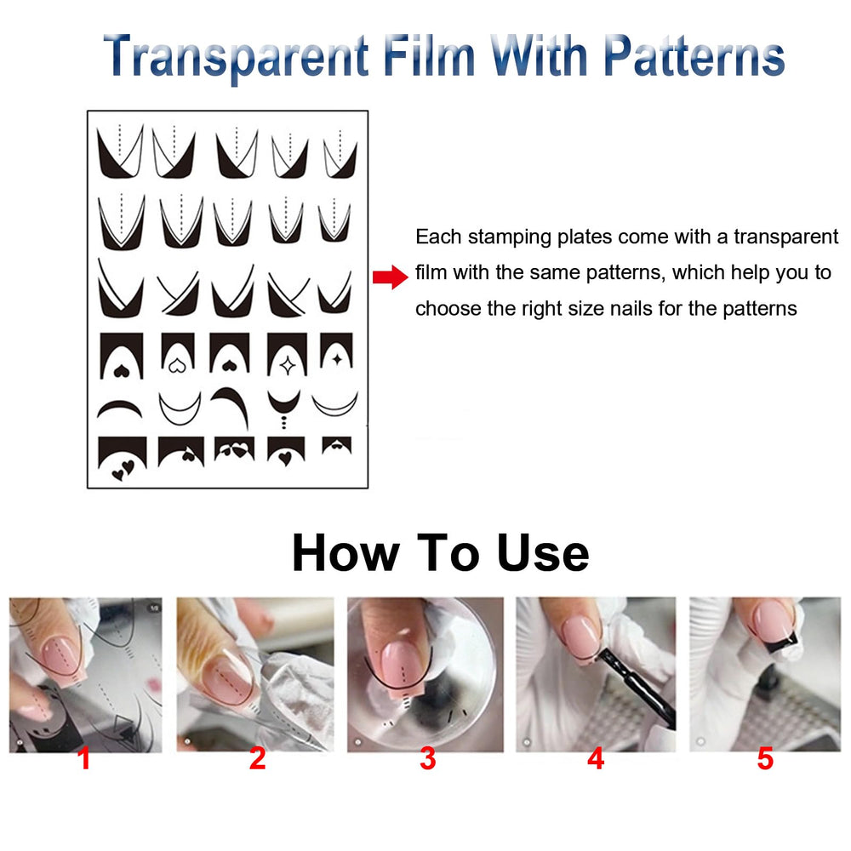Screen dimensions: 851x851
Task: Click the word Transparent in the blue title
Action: coord(236,57)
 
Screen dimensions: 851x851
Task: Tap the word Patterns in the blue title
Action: coord(694,56)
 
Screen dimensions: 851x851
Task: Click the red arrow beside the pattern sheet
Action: coord(391,277)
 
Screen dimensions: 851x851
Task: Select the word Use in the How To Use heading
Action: coord(543,553)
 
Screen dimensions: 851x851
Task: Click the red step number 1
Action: coord(83,759)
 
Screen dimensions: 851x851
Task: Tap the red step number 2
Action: coord(257,759)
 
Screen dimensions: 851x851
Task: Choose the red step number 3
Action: coord(428,759)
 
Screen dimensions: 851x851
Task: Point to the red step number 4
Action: coord(596,759)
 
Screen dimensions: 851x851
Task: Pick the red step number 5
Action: coord(765,759)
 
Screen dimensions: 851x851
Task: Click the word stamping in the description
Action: coord(509,237)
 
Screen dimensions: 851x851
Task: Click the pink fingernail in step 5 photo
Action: coord(774,620)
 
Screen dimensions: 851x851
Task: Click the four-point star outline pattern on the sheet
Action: coord(287,366)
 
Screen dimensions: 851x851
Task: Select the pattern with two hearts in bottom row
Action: coord(122,460)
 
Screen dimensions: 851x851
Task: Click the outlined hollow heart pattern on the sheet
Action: coord(177,366)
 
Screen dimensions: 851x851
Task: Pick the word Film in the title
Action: coord(429,56)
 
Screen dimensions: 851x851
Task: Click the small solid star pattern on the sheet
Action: coord(337,359)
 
